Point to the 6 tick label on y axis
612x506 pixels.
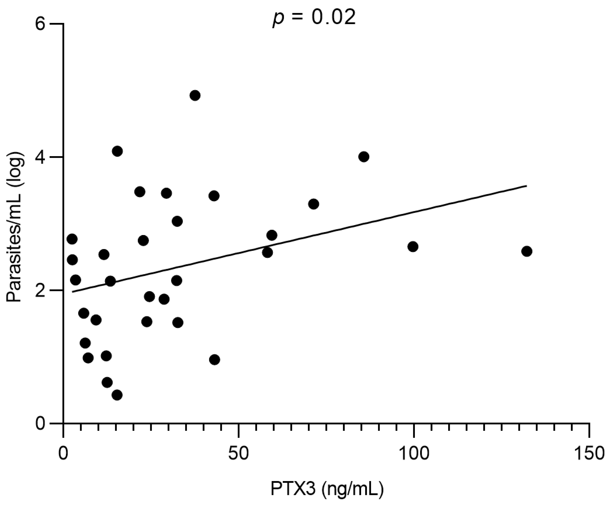(x=41, y=24)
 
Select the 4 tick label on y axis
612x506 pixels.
(x=41, y=157)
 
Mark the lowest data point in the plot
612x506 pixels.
(x=117, y=395)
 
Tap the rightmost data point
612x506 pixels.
(x=527, y=251)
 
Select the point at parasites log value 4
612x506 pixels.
(x=364, y=157)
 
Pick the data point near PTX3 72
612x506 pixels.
(x=314, y=204)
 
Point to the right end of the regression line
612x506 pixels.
(x=526, y=185)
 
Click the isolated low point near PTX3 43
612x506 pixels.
(x=214, y=359)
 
